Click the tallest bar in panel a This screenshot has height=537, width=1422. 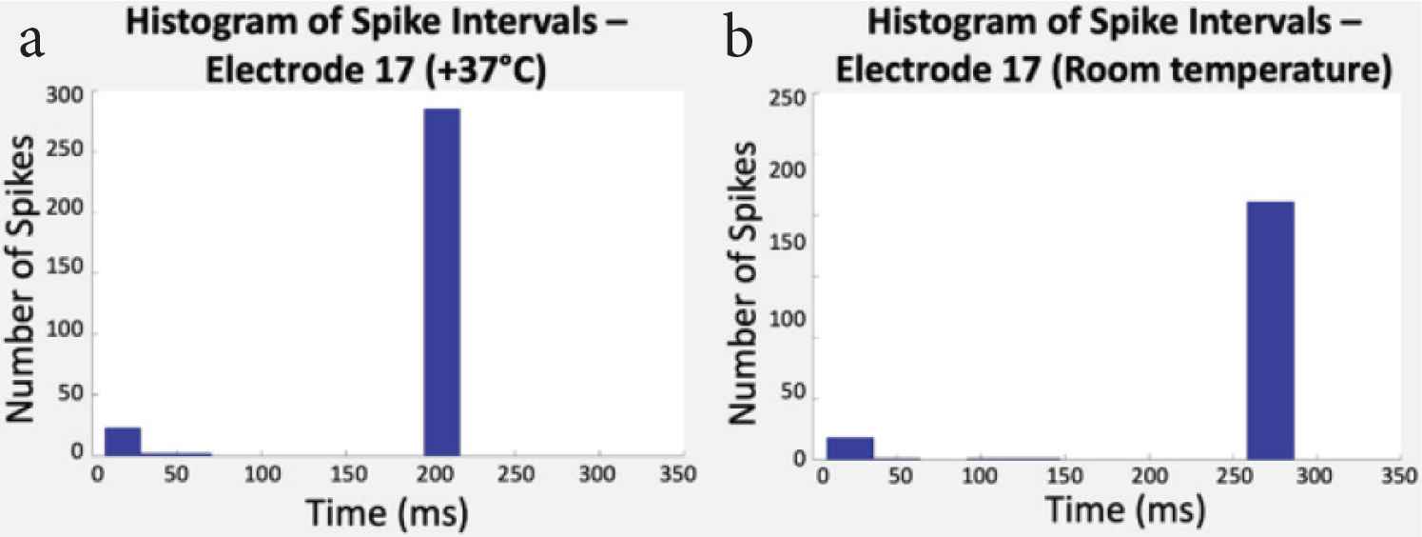click(441, 282)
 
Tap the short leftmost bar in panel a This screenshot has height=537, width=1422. click(122, 441)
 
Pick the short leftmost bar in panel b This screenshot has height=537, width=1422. click(849, 447)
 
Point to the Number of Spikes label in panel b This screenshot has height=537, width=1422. click(745, 282)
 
